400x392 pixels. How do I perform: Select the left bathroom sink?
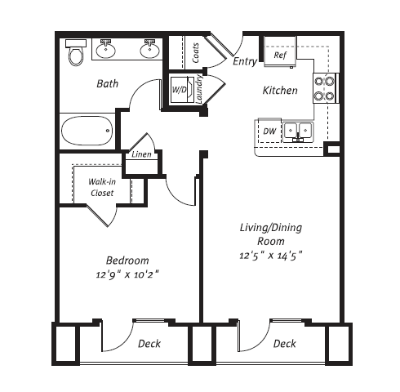[x=107, y=51]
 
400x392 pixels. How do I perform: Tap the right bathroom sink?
[x=149, y=51]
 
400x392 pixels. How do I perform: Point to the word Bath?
[x=108, y=83]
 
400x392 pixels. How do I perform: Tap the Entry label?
[x=245, y=61]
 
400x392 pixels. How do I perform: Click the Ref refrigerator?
[x=280, y=56]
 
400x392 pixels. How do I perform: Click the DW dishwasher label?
[x=269, y=131]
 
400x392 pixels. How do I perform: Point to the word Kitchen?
[x=279, y=90]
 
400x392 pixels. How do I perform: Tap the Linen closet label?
[x=140, y=154]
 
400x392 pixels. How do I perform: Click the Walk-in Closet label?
[x=102, y=187]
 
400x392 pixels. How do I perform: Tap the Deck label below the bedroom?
[x=149, y=344]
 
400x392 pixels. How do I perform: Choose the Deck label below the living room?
[x=285, y=344]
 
